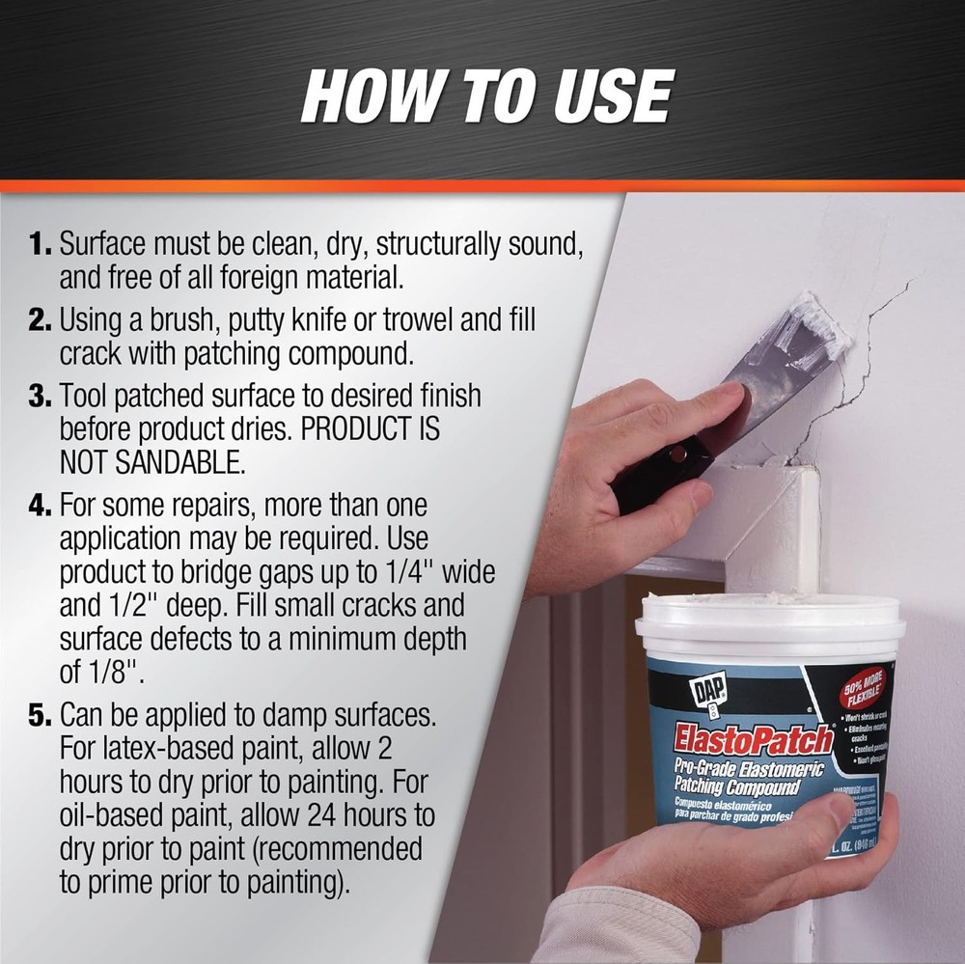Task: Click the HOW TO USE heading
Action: point(485,96)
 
